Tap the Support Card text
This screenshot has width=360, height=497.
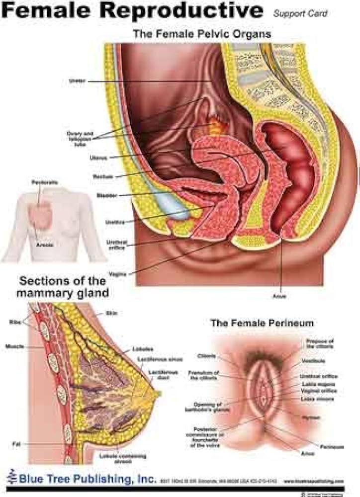[x=300, y=13]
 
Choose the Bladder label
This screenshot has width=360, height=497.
[x=106, y=195]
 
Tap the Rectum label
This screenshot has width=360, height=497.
[x=103, y=177]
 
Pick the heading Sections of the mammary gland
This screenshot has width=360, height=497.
[x=62, y=287]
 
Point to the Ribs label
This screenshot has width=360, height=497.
[x=15, y=322]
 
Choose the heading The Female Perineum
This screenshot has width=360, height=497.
[x=262, y=323]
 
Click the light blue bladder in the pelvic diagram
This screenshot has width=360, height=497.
[x=174, y=209]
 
